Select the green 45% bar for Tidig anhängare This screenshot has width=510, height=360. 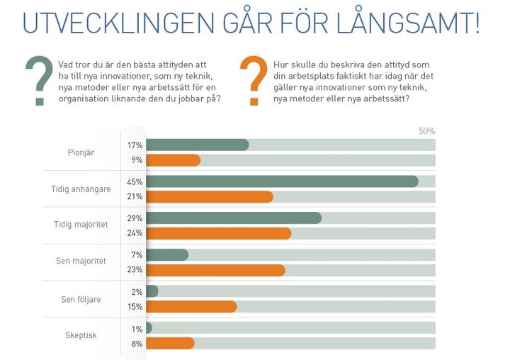click(x=282, y=181)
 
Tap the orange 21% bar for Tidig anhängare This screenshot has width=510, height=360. click(x=210, y=196)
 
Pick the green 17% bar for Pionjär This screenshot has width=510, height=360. click(x=198, y=145)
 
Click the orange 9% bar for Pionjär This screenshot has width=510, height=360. click(x=173, y=160)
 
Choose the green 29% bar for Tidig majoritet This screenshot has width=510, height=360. click(x=234, y=218)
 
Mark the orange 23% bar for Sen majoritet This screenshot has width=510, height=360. click(x=215, y=270)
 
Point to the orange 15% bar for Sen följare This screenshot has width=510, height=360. click(x=191, y=306)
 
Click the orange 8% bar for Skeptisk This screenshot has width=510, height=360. click(x=170, y=343)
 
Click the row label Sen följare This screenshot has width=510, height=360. click(x=81, y=299)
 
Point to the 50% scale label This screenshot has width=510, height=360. click(x=426, y=131)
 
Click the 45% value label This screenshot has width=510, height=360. click(x=135, y=181)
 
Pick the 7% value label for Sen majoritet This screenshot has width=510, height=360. click(x=137, y=255)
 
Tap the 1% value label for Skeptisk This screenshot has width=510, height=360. click(x=137, y=329)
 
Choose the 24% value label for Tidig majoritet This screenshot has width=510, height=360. click(x=135, y=233)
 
